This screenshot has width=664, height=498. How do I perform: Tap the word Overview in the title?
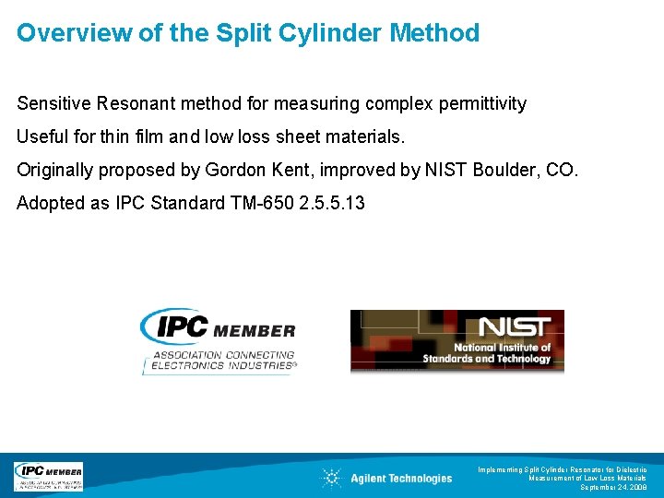tap(67, 33)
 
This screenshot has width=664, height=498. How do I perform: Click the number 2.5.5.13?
tap(332, 203)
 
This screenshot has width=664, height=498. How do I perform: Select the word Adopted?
tap(51, 203)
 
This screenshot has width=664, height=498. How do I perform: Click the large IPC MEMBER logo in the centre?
tap(219, 329)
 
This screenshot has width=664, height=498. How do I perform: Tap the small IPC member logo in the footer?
tap(48, 476)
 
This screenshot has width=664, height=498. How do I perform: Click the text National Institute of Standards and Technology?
tap(487, 353)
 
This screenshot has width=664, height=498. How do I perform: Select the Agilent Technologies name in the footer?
tap(401, 478)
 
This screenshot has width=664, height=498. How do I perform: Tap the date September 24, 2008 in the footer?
tap(613, 487)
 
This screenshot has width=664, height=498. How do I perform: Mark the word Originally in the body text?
tap(56, 170)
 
